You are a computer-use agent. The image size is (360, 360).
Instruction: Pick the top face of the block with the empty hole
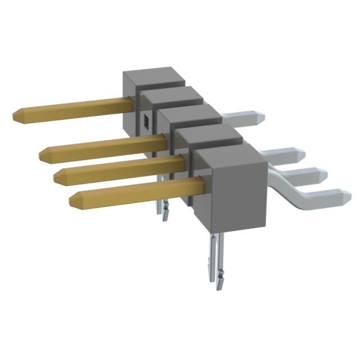(172, 96)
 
